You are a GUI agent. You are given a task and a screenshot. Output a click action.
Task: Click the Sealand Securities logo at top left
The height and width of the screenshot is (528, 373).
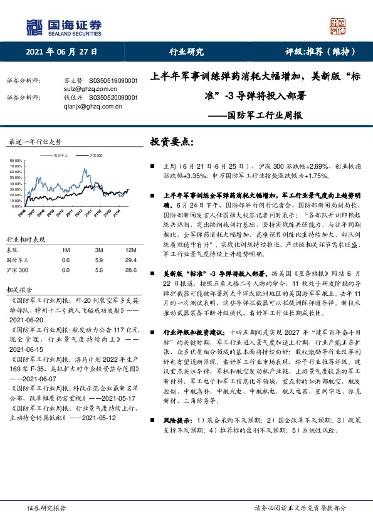coord(63,26)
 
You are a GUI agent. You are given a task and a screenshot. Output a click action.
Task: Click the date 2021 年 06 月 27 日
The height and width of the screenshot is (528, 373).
coord(62,52)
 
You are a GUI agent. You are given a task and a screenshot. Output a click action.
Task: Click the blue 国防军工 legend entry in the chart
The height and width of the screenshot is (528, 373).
coord(56,154)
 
